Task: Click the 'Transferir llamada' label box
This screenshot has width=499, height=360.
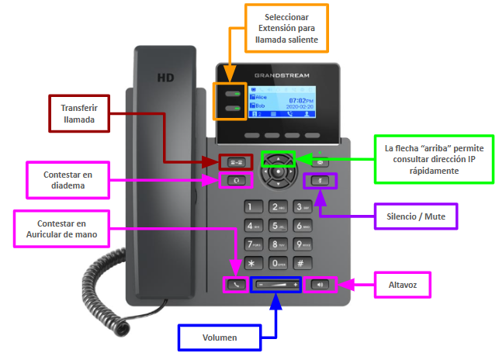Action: pos(79,114)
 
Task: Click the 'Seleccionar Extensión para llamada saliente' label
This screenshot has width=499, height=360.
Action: pos(287,28)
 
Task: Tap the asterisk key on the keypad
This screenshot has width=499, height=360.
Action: pos(250,264)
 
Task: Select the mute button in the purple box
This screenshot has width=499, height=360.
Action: pos(319,181)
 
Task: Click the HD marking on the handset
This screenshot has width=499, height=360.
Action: pos(165,78)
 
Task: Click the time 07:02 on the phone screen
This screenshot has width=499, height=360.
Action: pos(299,101)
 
